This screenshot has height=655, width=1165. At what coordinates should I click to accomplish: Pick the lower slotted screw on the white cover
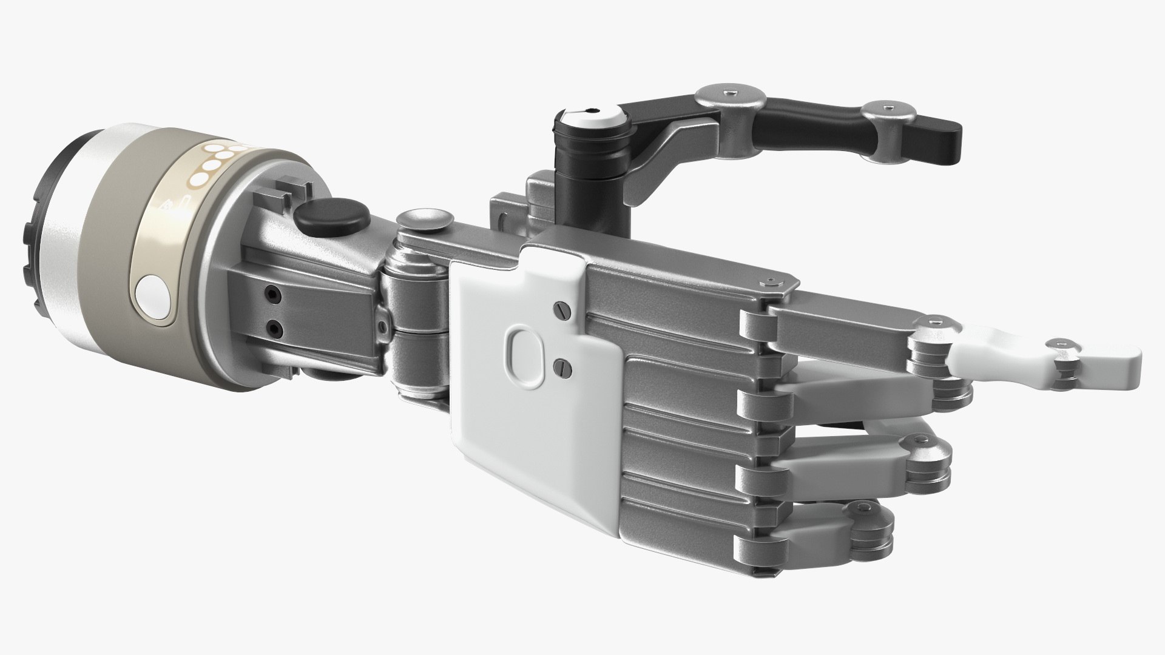click(x=561, y=365)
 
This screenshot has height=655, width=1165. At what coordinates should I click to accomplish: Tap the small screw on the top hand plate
click(x=771, y=281)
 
